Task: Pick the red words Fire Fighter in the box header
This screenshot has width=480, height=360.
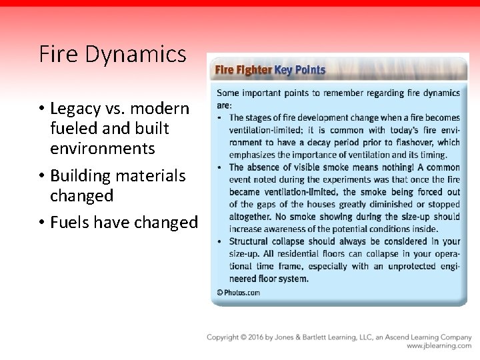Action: [242, 69]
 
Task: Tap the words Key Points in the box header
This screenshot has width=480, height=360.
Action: [299, 69]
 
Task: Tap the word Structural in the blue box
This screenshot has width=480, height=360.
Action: [252, 241]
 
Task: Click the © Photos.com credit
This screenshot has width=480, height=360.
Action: [239, 292]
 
